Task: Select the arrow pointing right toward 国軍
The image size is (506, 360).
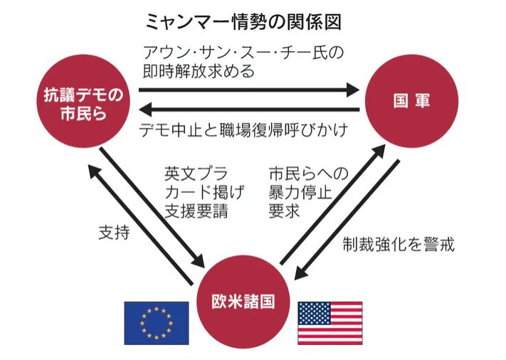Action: [x=249, y=90]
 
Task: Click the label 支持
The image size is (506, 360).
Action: [x=113, y=233]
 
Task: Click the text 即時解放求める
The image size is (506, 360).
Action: [x=199, y=72]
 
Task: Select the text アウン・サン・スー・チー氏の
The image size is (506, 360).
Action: [x=243, y=52]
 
